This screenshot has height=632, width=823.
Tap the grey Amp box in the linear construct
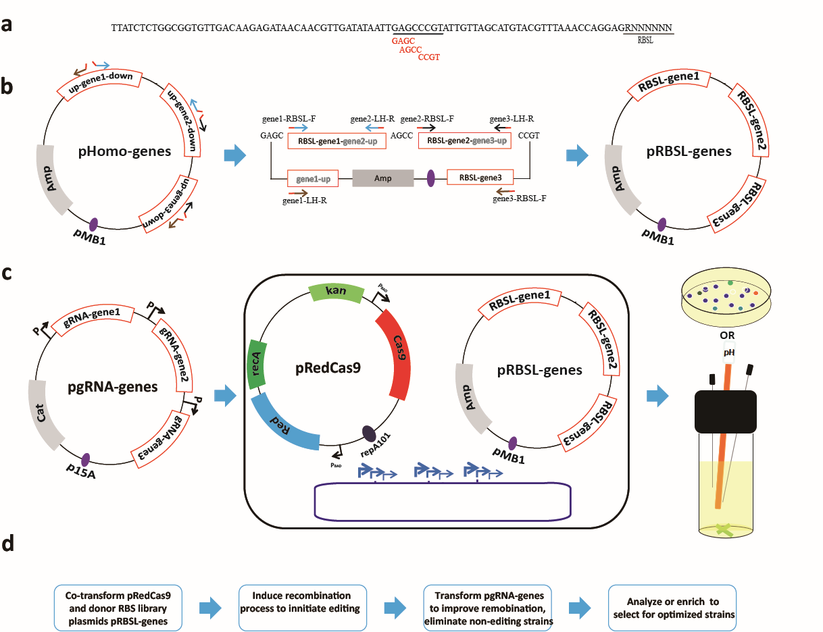click(x=382, y=178)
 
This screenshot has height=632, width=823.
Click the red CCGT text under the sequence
click(x=429, y=57)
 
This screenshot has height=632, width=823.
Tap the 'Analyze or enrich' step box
click(x=672, y=602)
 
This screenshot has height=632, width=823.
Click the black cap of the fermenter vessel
click(x=726, y=410)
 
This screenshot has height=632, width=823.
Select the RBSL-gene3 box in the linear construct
click(x=480, y=178)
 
